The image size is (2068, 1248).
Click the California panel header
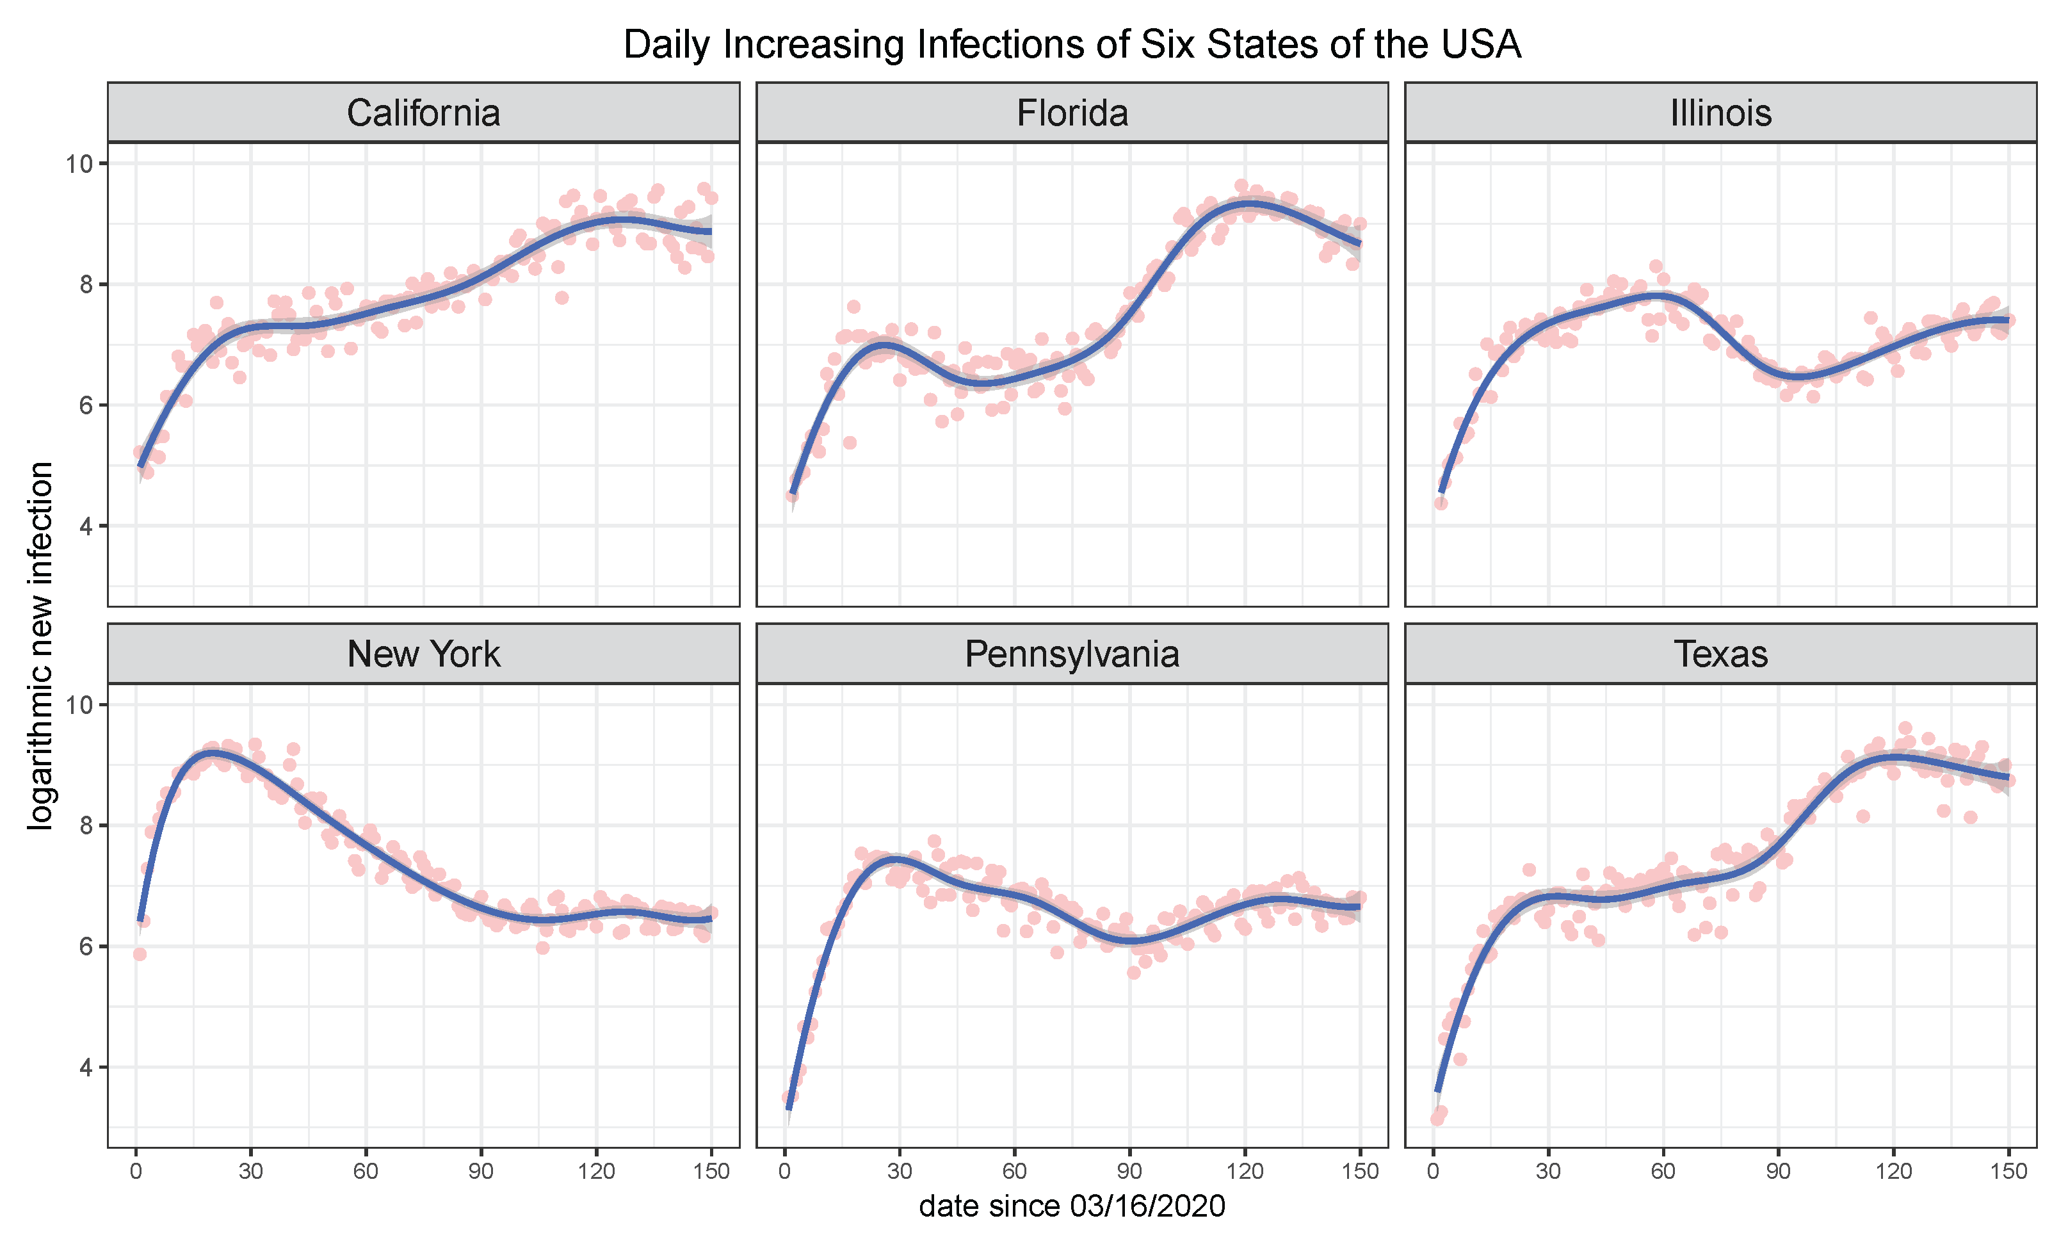[423, 113]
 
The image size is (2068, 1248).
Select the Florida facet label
[1072, 113]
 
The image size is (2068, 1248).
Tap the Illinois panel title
[1720, 113]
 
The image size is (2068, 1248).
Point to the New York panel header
[423, 654]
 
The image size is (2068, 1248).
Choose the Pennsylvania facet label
[1072, 654]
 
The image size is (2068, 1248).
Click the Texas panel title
[1720, 654]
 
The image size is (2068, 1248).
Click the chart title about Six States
[1072, 44]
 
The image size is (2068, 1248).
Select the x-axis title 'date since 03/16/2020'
[1072, 1206]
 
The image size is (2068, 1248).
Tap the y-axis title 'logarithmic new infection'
[40, 645]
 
